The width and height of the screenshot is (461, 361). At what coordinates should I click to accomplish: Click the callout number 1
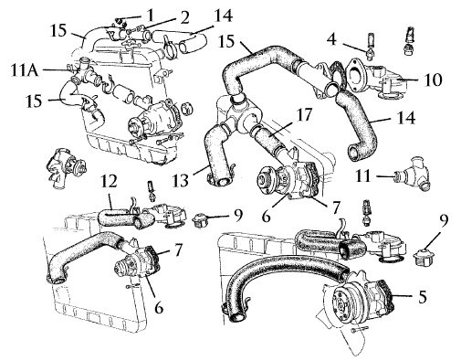150,16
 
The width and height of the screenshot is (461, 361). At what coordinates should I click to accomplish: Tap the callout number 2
183,18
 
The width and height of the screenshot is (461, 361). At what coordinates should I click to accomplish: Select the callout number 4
331,39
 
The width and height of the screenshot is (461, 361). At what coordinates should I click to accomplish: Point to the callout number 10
433,80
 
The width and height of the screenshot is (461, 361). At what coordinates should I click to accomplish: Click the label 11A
24,70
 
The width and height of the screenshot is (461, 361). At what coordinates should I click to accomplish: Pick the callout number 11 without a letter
363,175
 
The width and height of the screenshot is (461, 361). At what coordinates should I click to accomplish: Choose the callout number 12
109,182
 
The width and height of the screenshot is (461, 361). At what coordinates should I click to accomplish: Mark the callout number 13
180,180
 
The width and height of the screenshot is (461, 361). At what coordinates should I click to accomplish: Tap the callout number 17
303,116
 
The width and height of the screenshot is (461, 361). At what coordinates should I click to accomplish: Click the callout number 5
423,296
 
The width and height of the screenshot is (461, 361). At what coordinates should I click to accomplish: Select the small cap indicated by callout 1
119,21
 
